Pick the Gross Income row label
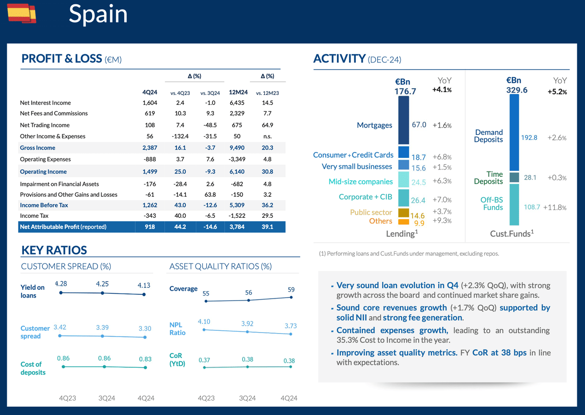point(38,148)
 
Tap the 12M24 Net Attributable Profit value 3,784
point(238,227)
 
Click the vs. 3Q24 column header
point(210,93)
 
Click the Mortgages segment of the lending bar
point(404,120)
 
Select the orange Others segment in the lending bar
point(404,222)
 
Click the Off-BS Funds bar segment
point(514,207)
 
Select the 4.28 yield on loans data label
point(61,283)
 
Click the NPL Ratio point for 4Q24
point(291,334)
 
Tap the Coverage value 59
point(291,290)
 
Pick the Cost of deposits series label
point(33,368)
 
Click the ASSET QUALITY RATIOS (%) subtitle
point(220,266)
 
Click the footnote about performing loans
point(409,254)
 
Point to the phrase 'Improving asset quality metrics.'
point(397,353)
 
